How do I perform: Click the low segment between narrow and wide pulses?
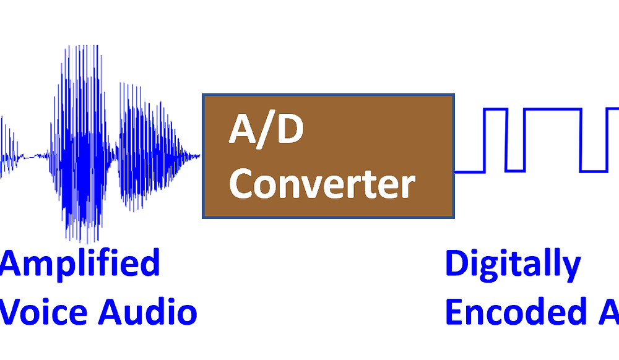coord(515,170)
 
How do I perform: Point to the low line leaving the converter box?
coord(469,171)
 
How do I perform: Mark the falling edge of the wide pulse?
coord(581,140)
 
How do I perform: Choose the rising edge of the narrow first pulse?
coord(485,140)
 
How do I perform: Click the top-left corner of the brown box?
coord(204,95)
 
